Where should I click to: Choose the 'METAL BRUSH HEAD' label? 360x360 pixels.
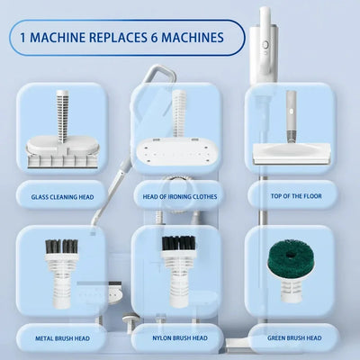[62, 338]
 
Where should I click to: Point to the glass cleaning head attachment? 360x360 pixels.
[61, 144]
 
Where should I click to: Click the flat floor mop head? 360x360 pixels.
[291, 153]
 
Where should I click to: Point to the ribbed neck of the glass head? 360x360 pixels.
[62, 112]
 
